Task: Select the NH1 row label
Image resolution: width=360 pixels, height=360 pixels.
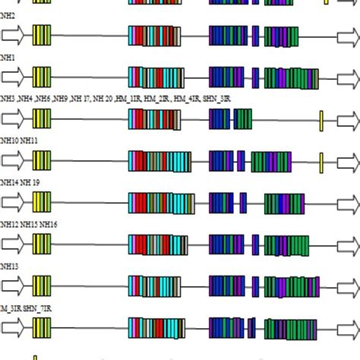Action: (x=7, y=57)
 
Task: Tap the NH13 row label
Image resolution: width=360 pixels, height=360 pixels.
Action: (x=8, y=266)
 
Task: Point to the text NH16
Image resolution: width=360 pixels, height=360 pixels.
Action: (x=49, y=224)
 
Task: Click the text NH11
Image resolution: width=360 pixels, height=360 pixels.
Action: (x=29, y=141)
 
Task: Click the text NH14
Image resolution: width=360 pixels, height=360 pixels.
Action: (x=8, y=182)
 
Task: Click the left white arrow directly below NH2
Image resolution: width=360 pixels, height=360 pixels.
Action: (x=14, y=36)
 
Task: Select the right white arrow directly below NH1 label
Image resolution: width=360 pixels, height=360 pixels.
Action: (x=349, y=77)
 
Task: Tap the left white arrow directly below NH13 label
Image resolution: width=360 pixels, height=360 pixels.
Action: (x=14, y=286)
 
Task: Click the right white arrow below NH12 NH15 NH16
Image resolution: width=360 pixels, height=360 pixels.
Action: (x=349, y=244)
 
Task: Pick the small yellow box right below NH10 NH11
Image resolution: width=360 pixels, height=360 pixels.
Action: (x=321, y=161)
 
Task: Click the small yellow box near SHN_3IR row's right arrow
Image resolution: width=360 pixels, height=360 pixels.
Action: (x=321, y=119)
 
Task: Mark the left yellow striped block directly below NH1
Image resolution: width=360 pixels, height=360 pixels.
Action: (x=42, y=77)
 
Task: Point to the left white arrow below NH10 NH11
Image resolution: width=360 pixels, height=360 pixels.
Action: (x=14, y=161)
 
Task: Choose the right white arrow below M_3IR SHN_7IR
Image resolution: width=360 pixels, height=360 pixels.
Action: (x=349, y=327)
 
